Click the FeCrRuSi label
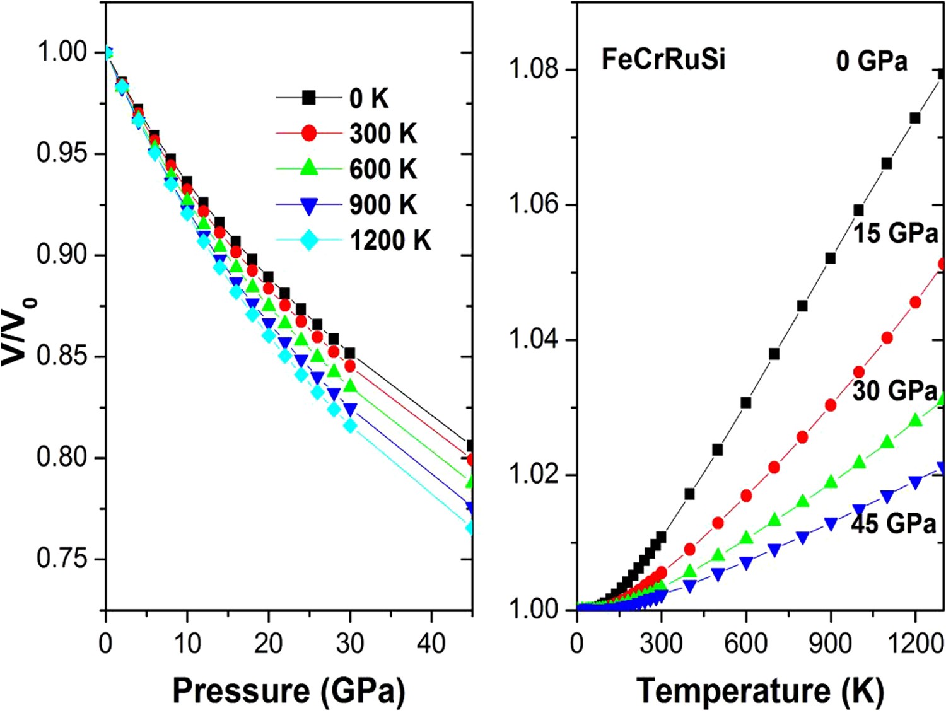pyautogui.click(x=663, y=59)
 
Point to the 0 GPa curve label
pyautogui.click(x=872, y=61)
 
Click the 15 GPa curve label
pyautogui.click(x=896, y=233)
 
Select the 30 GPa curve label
pyautogui.click(x=894, y=391)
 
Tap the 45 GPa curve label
pyautogui.click(x=893, y=523)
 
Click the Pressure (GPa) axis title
pyautogui.click(x=289, y=690)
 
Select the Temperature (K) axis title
pyautogui.click(x=760, y=690)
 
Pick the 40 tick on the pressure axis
pyautogui.click(x=431, y=644)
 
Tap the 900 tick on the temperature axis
pyautogui.click(x=830, y=644)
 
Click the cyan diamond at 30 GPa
pyautogui.click(x=350, y=426)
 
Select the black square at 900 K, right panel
pyautogui.click(x=831, y=258)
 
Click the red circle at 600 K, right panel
pyautogui.click(x=746, y=496)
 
